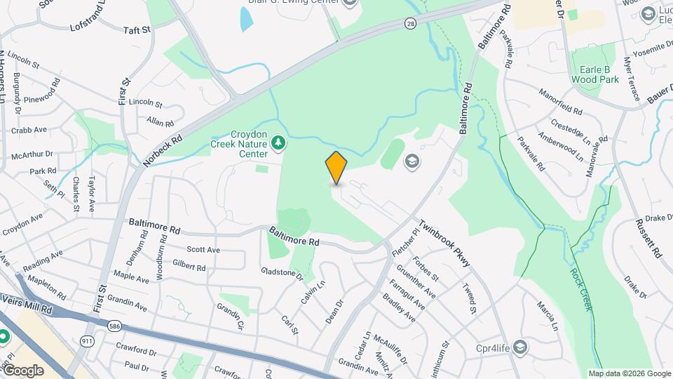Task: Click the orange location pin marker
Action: coord(336,168)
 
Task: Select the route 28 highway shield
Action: coord(409,24)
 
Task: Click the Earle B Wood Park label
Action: coord(594,74)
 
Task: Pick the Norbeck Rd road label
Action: coord(162,150)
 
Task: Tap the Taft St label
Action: coord(137,30)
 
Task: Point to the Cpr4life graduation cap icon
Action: coord(519,347)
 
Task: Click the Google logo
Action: coord(23,371)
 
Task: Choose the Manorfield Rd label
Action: coord(561,102)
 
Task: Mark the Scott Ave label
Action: coord(203,250)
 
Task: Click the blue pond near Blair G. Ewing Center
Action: coord(247,20)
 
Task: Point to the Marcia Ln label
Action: coord(547,316)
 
